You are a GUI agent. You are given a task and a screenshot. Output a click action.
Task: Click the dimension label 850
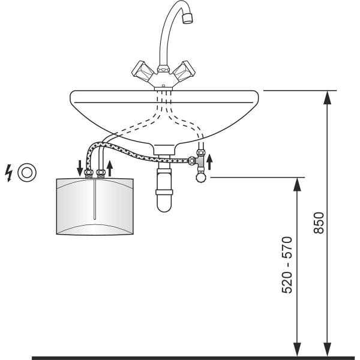point(319,222)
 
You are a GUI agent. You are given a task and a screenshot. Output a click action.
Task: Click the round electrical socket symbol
point(27,172)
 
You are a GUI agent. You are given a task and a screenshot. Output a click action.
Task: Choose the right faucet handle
point(184,72)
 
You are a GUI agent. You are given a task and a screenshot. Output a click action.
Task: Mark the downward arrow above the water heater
point(80,167)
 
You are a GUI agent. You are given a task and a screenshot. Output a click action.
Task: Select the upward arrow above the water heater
point(110,167)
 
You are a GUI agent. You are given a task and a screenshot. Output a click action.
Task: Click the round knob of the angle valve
point(199,176)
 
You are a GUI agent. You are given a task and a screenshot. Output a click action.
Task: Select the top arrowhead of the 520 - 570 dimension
point(296,182)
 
